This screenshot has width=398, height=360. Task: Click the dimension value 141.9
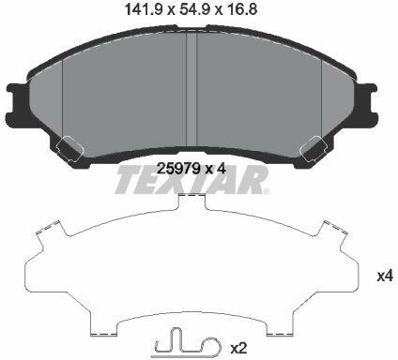144,9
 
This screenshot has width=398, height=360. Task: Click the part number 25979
178,169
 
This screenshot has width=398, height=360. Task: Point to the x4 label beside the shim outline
385,277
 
